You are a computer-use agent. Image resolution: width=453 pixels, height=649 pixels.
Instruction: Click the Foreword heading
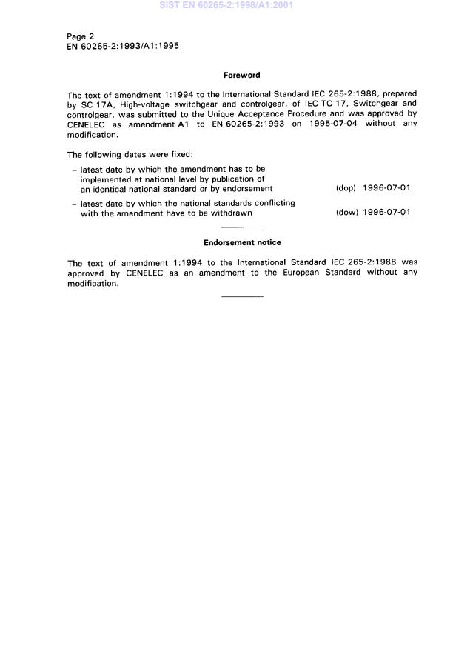click(x=241, y=75)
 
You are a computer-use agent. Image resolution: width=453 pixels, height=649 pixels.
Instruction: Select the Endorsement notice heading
click(x=241, y=242)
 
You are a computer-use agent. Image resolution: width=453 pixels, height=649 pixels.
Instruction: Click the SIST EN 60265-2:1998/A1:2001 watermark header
click(x=226, y=6)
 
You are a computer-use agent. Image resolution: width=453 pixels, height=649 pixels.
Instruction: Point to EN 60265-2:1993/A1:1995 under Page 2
click(x=122, y=46)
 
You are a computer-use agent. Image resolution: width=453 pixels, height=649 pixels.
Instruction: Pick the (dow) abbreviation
click(x=346, y=213)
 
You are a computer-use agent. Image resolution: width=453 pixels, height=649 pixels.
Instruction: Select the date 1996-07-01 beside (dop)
click(x=386, y=188)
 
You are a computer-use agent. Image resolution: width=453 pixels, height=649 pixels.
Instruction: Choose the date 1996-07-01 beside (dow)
click(x=386, y=213)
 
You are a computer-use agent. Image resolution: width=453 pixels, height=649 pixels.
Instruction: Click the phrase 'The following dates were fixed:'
click(x=129, y=155)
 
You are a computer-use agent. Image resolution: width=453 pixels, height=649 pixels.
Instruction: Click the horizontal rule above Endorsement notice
click(x=242, y=227)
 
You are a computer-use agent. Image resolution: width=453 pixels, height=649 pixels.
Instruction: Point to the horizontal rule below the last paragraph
click(x=242, y=297)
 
